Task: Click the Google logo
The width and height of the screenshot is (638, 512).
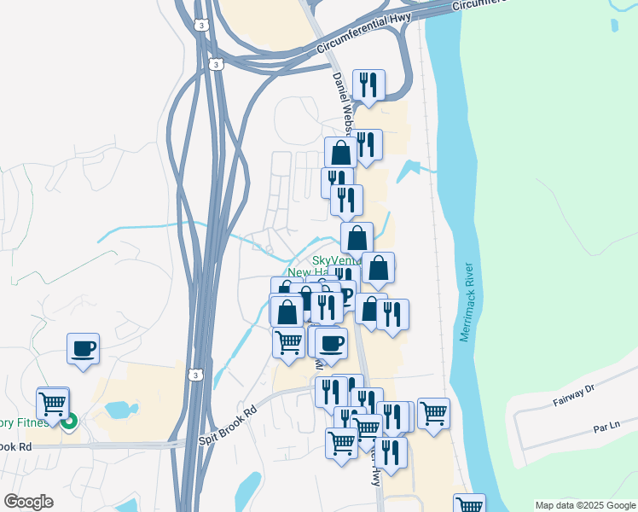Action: [x=28, y=502]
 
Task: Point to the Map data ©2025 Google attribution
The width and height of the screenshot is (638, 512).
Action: [x=585, y=505]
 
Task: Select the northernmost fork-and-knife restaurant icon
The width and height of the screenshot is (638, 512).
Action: [x=368, y=84]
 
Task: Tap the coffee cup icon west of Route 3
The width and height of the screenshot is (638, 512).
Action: [x=83, y=348]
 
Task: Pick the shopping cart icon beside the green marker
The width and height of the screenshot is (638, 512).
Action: [x=53, y=402]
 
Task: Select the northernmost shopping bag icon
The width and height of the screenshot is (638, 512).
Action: [x=340, y=154]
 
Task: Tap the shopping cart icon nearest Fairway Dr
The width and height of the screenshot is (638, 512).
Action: [x=434, y=414]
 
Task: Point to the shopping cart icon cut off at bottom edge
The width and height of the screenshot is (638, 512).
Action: [x=468, y=503]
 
